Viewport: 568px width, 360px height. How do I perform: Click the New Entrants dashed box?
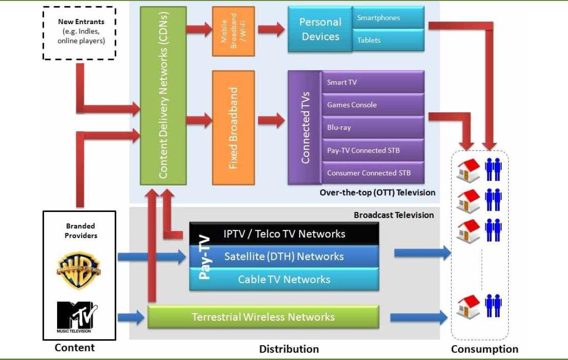coord(79,33)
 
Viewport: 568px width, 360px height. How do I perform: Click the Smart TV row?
coord(373,82)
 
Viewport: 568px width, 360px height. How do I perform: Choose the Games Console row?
coord(373,105)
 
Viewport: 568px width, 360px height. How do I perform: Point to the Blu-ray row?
coord(373,128)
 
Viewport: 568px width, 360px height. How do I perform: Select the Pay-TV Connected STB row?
coord(373,150)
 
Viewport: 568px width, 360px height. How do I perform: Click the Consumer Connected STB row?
coord(373,173)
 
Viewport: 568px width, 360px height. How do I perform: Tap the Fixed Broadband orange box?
coord(233,128)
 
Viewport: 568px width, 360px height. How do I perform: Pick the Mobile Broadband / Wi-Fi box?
coord(233,32)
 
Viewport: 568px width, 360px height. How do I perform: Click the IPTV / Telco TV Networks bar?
coord(284,233)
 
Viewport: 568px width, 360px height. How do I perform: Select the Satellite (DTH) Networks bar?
coord(284,257)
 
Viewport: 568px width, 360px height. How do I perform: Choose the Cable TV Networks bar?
coord(284,279)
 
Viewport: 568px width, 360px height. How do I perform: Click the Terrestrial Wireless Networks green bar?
coord(263,317)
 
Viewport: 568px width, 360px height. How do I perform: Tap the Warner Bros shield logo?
coord(79,270)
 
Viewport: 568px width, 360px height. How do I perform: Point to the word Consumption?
coord(484,349)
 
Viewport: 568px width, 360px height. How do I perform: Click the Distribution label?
coord(289,349)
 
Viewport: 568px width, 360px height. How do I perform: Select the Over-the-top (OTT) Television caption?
coord(377,193)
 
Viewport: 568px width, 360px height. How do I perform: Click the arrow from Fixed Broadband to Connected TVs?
coord(271,120)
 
